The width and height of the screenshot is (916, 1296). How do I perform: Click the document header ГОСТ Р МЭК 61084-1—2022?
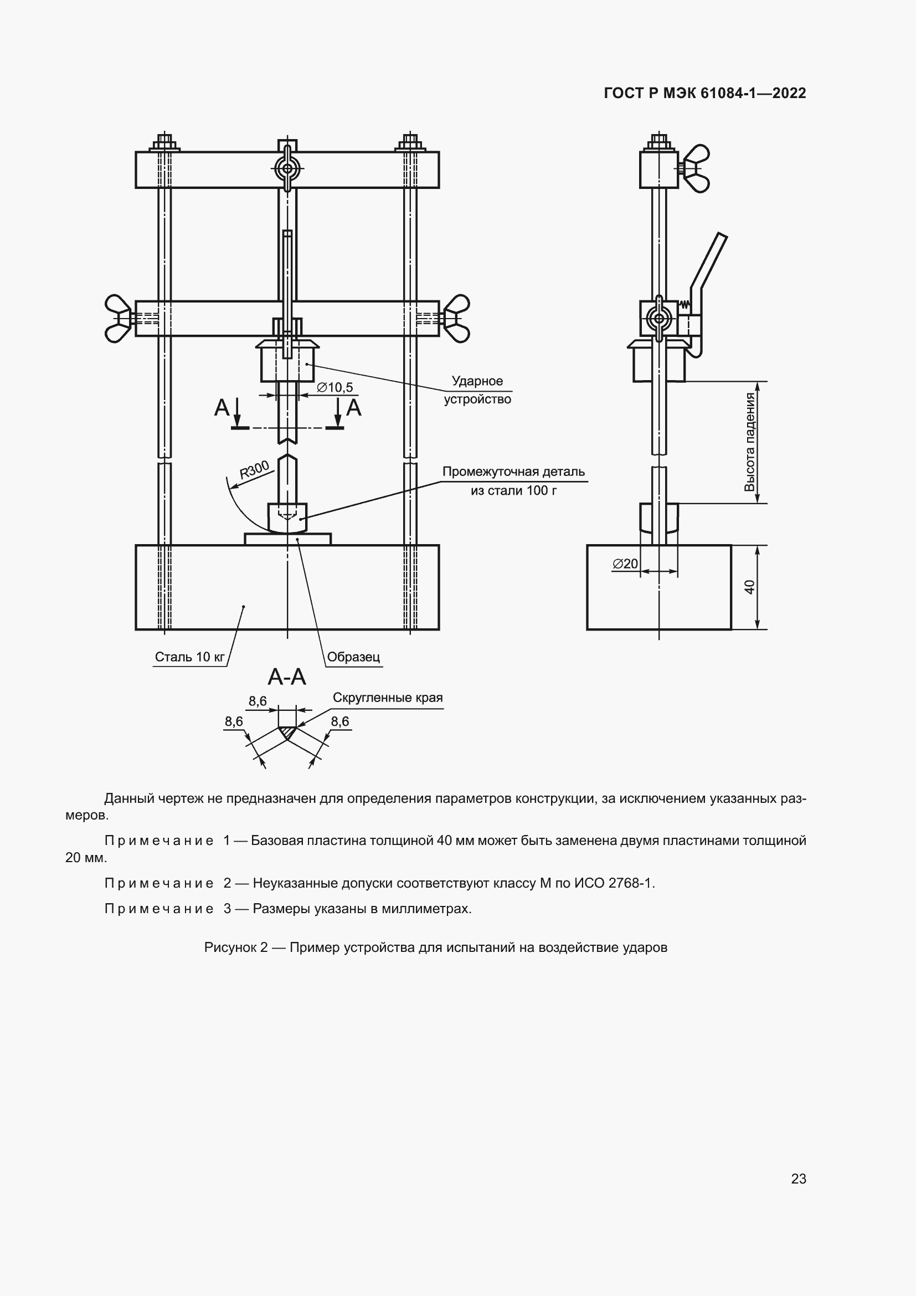pyautogui.click(x=704, y=93)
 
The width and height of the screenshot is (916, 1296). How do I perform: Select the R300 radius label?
pyautogui.click(x=254, y=470)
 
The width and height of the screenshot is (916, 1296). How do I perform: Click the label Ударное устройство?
pyautogui.click(x=477, y=390)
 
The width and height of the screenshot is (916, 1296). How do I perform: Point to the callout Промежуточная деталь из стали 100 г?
pyautogui.click(x=513, y=481)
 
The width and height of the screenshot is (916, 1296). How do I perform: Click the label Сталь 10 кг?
pyautogui.click(x=189, y=657)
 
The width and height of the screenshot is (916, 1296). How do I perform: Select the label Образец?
pyautogui.click(x=354, y=657)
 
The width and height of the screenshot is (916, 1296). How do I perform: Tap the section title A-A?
pyautogui.click(x=286, y=677)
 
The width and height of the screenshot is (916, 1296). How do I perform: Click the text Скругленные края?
pyautogui.click(x=388, y=698)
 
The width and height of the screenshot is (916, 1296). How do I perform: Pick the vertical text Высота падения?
pyautogui.click(x=750, y=442)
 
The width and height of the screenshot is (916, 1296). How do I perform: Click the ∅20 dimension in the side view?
pyautogui.click(x=625, y=564)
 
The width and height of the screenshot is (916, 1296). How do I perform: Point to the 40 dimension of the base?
pyautogui.click(x=750, y=587)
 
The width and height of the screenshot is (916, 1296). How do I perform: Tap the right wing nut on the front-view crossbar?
pyautogui.click(x=457, y=319)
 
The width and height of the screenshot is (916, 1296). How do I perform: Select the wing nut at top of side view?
pyautogui.click(x=697, y=168)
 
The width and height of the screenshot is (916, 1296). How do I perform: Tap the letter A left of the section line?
pyautogui.click(x=222, y=408)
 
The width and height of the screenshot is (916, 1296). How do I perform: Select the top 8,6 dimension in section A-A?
pyautogui.click(x=257, y=701)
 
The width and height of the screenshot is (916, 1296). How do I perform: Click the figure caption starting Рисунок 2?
pyautogui.click(x=435, y=947)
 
